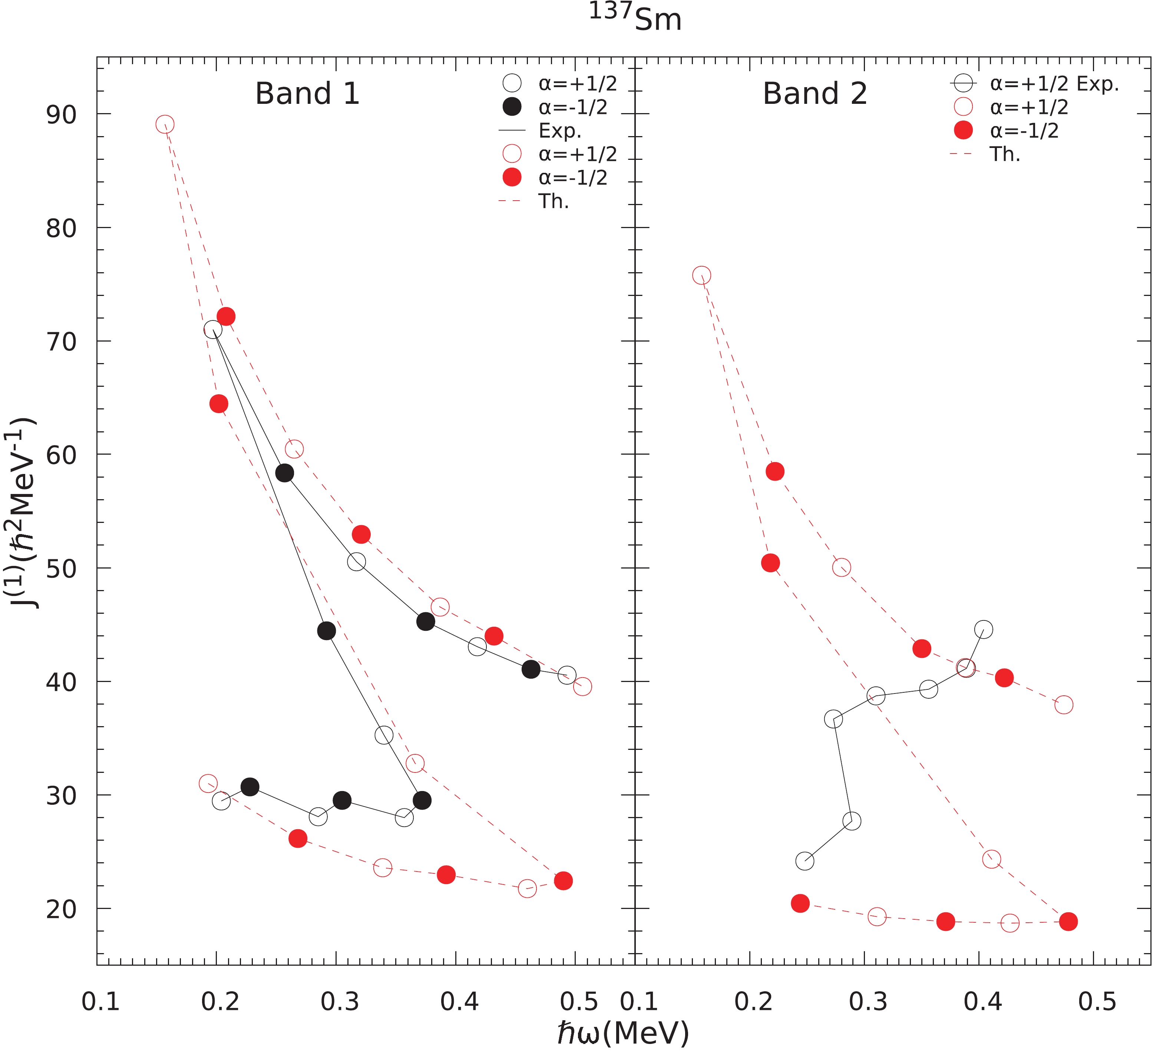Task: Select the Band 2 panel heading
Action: click(815, 93)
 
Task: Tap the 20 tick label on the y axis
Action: click(61, 909)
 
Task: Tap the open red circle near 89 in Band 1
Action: click(165, 124)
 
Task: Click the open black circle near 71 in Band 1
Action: click(213, 330)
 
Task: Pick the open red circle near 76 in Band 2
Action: click(701, 275)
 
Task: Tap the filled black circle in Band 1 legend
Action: click(512, 107)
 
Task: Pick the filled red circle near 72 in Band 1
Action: click(226, 316)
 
